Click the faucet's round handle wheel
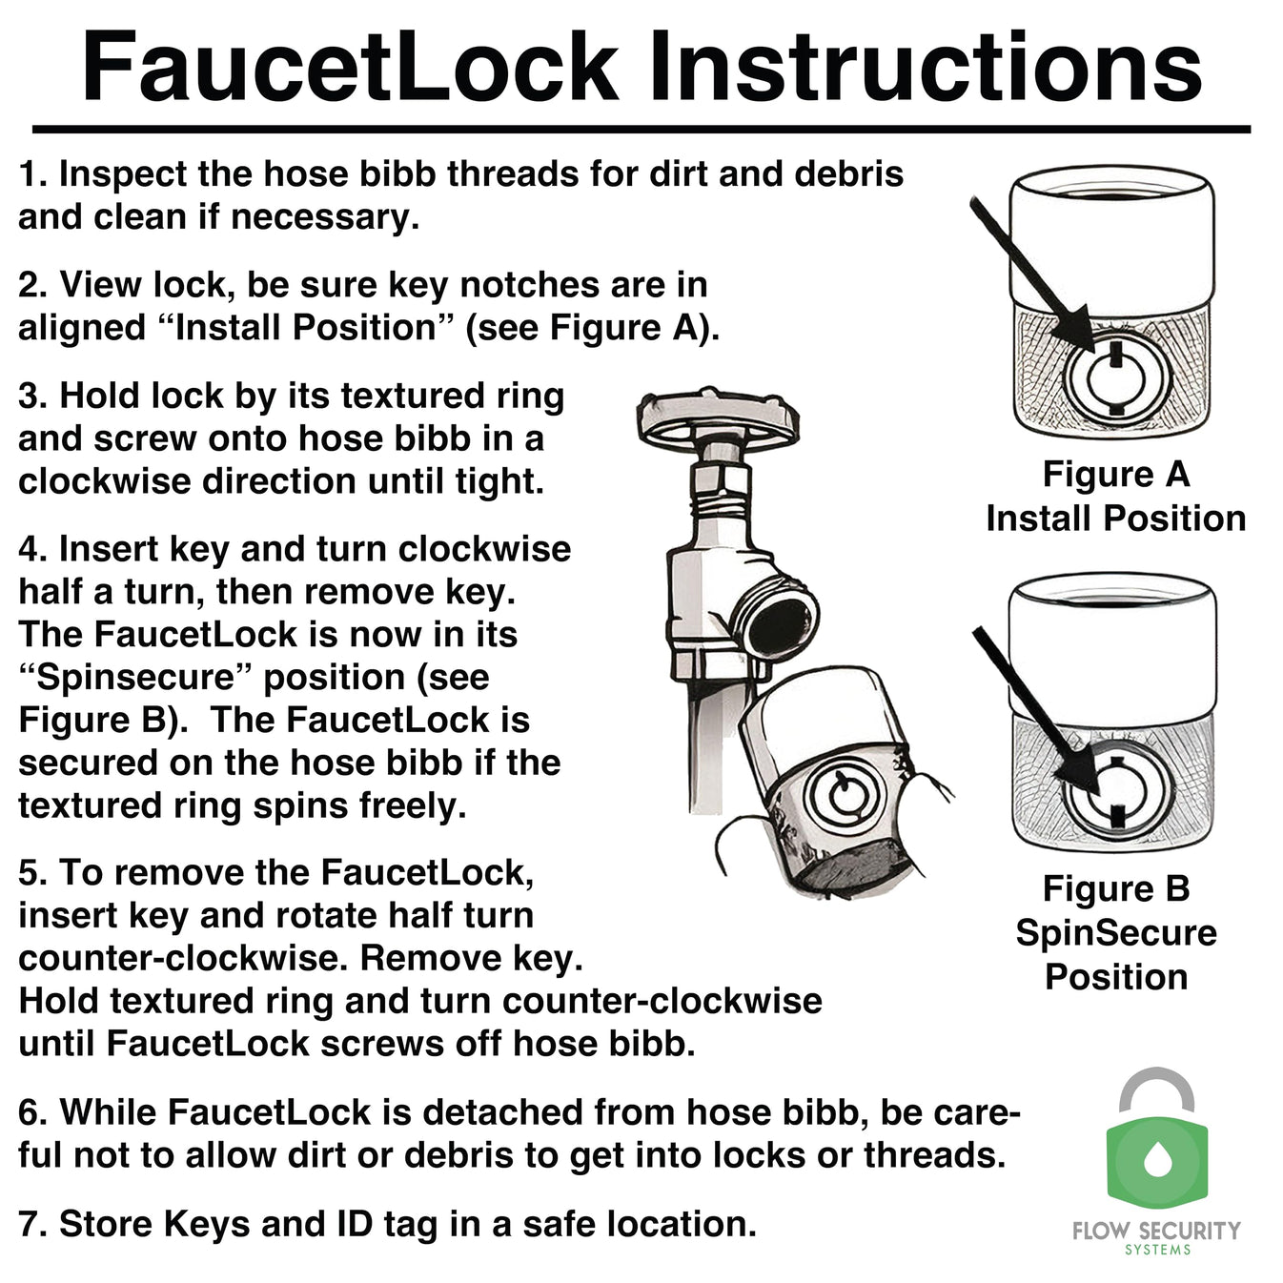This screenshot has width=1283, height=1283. tap(717, 416)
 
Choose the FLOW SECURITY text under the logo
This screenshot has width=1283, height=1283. tap(1156, 1230)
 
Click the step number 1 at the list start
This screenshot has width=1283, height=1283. tap(31, 174)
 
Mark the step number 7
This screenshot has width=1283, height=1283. tap(31, 1224)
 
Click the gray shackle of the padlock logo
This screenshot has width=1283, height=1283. tap(1155, 1087)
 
